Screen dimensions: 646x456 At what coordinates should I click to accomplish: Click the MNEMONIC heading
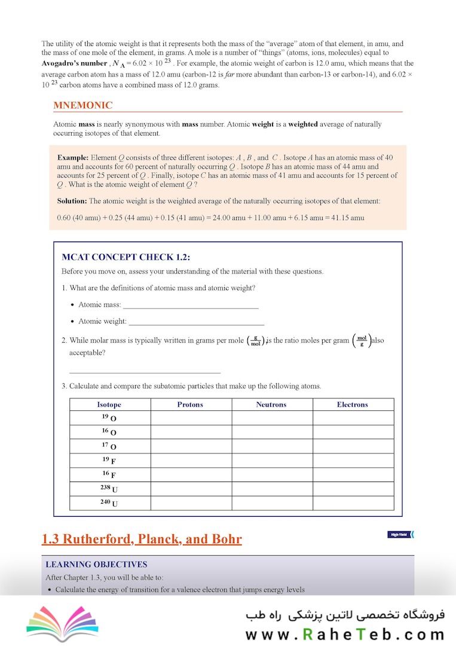(x=82, y=105)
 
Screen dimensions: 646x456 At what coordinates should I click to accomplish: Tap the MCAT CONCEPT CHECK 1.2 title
(x=126, y=257)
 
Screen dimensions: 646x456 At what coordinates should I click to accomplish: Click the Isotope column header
(x=109, y=405)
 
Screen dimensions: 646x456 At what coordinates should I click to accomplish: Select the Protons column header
(x=190, y=405)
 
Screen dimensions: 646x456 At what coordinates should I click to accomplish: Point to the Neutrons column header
(x=271, y=405)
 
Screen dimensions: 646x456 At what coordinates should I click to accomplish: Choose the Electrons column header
(x=353, y=405)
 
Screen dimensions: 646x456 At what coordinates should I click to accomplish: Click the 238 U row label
(x=109, y=489)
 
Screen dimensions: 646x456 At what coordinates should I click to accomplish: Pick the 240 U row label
(x=109, y=503)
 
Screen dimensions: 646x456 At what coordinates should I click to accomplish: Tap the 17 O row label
(x=109, y=446)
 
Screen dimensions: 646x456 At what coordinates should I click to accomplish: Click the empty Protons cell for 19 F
(x=191, y=461)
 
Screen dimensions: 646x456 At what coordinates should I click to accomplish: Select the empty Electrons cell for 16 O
(x=353, y=432)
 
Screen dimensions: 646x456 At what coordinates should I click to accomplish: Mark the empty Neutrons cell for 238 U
(x=272, y=489)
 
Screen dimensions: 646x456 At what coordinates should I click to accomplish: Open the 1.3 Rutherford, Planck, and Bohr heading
(x=142, y=540)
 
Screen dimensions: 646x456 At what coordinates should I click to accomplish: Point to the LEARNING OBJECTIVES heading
(x=96, y=564)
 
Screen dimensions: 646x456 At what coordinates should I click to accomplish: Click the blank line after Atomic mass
(x=191, y=307)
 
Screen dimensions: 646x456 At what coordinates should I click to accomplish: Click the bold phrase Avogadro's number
(x=75, y=63)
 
